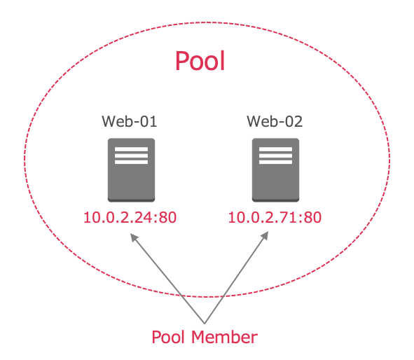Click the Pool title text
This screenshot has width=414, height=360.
tap(200, 61)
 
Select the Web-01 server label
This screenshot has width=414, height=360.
tap(130, 121)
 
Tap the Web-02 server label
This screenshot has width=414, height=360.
tap(275, 121)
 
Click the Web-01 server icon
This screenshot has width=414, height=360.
tap(131, 170)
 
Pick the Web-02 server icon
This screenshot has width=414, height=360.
tap(275, 170)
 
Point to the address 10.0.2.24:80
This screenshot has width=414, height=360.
tap(130, 218)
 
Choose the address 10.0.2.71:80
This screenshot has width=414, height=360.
tap(275, 218)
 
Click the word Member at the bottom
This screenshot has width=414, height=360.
tap(224, 337)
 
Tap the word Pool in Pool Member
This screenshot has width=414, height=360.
tap(168, 337)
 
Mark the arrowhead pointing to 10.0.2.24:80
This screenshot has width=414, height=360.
tap(134, 237)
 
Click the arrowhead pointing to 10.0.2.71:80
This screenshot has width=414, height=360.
tap(265, 235)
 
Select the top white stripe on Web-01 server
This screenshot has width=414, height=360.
tap(131, 149)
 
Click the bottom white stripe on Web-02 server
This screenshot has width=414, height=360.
tap(275, 162)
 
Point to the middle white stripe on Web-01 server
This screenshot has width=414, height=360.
tap(131, 155)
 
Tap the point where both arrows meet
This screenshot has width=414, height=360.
tap(205, 324)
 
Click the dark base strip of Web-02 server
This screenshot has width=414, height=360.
tap(275, 200)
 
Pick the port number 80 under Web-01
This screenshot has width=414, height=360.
tap(167, 218)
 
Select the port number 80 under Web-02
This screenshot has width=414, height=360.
tap(312, 218)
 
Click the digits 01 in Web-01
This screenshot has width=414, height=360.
tap(149, 121)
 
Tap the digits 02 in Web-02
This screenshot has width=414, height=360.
tap(294, 121)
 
